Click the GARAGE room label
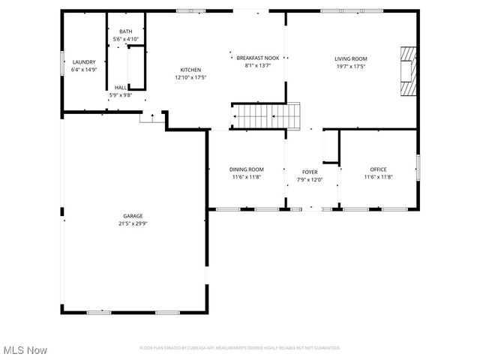(133, 215)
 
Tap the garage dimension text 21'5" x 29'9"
(133, 223)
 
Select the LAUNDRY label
(84, 61)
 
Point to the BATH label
(125, 31)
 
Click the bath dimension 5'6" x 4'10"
(125, 38)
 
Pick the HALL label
(121, 87)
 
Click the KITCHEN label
(190, 69)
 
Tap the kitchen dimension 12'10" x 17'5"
(190, 76)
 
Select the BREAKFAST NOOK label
(257, 58)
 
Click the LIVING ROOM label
(350, 58)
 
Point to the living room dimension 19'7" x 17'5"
(350, 66)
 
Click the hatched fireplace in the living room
(406, 72)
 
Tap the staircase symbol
(266, 116)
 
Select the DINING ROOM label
(247, 169)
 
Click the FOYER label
(310, 172)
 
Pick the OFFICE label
(378, 169)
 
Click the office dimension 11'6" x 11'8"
(378, 177)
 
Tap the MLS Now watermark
(25, 350)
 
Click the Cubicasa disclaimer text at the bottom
(240, 348)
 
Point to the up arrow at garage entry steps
(152, 116)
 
